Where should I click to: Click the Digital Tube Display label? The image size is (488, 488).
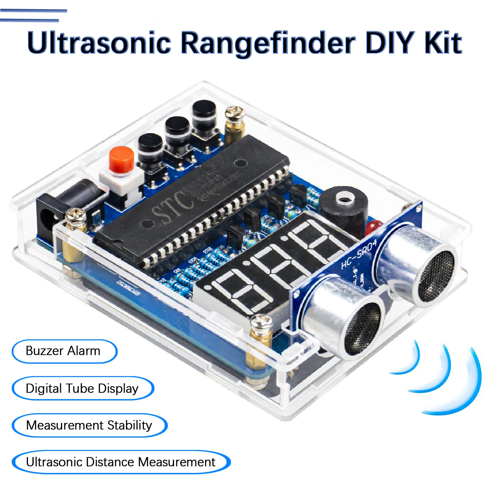click(82, 388)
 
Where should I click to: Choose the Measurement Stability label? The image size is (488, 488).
click(89, 425)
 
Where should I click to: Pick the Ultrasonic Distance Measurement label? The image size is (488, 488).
click(121, 462)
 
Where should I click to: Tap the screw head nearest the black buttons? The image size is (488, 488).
click(235, 113)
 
